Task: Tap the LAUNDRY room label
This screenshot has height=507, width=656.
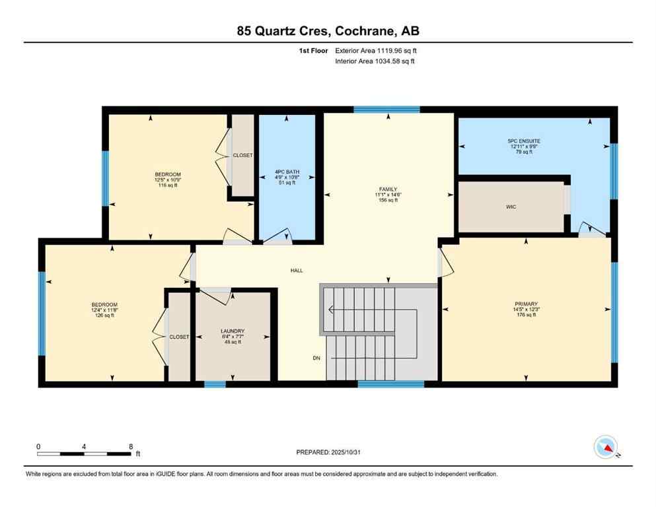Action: click(x=233, y=331)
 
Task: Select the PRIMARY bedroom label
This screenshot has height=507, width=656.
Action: click(x=526, y=304)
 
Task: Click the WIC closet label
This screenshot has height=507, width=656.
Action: click(x=511, y=207)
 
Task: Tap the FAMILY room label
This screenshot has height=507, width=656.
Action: click(x=388, y=189)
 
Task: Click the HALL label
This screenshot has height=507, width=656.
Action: click(x=297, y=271)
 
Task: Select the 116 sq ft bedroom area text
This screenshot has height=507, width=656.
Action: click(x=168, y=186)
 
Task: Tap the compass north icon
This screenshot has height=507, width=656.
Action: click(x=606, y=448)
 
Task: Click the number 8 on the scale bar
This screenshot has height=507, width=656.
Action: click(x=131, y=446)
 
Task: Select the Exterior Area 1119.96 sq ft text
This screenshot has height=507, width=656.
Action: click(x=376, y=50)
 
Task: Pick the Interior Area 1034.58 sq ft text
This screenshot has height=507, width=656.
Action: click(x=375, y=61)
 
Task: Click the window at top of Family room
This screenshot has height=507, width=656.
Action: click(x=386, y=110)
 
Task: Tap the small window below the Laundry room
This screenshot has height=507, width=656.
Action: click(x=215, y=384)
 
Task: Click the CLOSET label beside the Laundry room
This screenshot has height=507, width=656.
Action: click(x=179, y=337)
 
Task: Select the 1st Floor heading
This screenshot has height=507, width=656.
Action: click(x=313, y=50)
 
